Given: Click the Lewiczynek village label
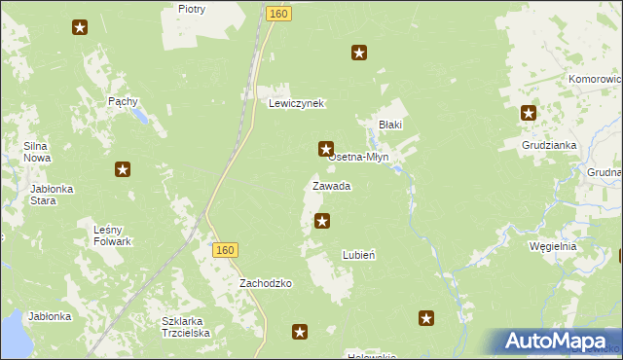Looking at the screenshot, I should [296, 103].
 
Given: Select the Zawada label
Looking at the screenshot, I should [331, 186].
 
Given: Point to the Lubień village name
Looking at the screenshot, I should [359, 255].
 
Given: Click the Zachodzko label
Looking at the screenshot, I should [267, 283].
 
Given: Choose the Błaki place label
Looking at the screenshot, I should [390, 125].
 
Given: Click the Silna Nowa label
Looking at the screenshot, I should [37, 152].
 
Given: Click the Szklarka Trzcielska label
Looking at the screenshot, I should [186, 326].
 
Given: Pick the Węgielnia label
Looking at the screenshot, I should [552, 246].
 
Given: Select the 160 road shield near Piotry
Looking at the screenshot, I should [278, 13].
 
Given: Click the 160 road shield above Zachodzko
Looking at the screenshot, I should [225, 250].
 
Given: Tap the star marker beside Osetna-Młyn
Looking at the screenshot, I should [326, 149].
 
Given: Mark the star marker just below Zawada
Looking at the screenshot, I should [322, 222].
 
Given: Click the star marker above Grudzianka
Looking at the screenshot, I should [529, 113].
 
